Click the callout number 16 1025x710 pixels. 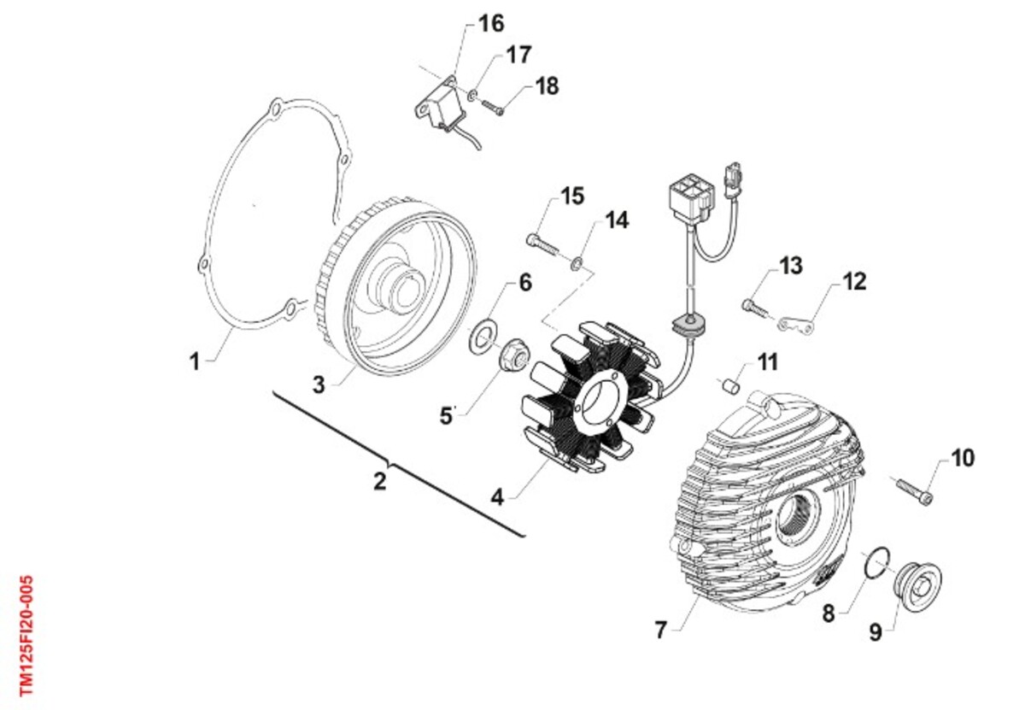pos(491,24)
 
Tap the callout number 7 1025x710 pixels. pos(659,631)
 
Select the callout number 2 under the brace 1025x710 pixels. pos(380,482)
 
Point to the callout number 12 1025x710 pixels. pos(854,282)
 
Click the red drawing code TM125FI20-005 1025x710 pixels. pos(26,636)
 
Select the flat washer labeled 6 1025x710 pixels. pos(480,337)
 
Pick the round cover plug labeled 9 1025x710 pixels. pos(917,586)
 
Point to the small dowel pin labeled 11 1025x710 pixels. pos(730,385)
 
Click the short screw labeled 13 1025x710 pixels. pos(754,308)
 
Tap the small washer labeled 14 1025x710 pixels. pos(577,263)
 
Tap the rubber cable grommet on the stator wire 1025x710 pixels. pos(688,325)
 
